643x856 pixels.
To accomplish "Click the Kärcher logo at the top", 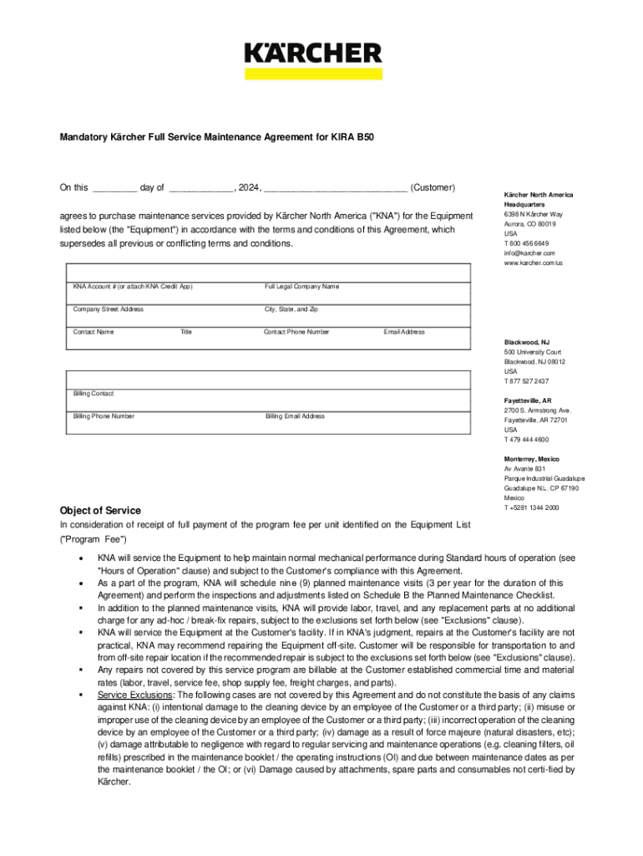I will tap(313, 53).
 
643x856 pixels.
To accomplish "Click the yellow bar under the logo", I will tap(313, 74).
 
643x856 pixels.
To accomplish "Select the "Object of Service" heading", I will tap(100, 511).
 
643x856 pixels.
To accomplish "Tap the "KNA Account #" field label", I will tap(133, 287).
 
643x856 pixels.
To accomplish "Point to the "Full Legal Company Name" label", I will tap(302, 287).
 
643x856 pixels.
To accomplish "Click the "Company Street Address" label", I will tap(109, 309).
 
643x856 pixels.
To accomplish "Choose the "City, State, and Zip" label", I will tap(291, 309).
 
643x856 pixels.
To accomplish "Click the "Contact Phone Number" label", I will tap(296, 332).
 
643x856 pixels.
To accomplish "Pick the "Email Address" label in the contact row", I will tap(404, 332).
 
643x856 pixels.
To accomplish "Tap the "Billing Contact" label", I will tap(94, 393).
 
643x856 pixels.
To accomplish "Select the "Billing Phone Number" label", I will tap(104, 415).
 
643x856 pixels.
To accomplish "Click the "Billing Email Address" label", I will tap(296, 415).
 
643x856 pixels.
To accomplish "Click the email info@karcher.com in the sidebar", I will tap(529, 252).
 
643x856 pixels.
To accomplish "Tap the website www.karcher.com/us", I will tap(534, 262).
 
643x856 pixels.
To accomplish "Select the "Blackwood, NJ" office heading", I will tap(527, 342).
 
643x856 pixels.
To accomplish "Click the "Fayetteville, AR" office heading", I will tap(528, 400).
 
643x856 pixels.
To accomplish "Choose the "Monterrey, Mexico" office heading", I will tap(532, 459).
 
